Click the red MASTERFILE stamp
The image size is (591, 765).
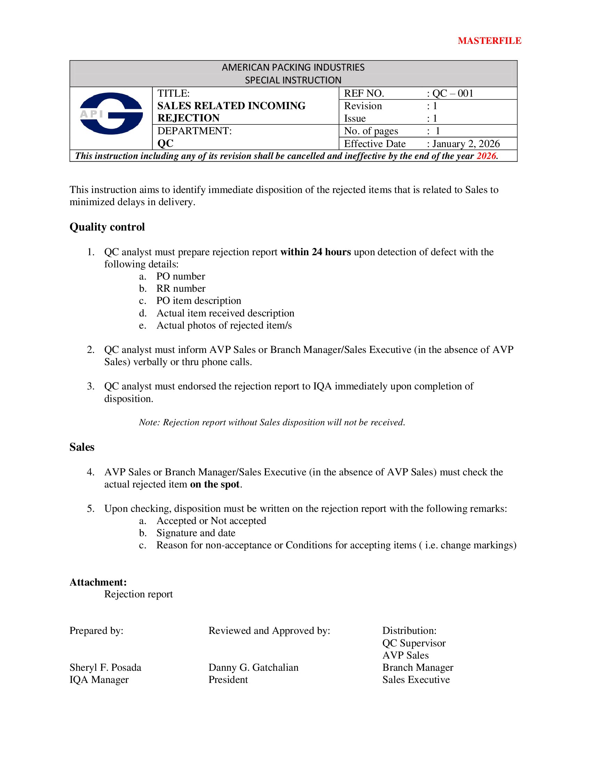pos(489,41)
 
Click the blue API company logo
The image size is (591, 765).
pos(111,113)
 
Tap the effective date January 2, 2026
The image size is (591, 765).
pos(465,144)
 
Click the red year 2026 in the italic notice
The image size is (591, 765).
pos(486,156)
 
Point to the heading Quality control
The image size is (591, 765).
pos(107,227)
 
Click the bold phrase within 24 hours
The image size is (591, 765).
pos(315,252)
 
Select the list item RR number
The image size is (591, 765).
pos(181,288)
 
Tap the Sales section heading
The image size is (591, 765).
pos(82,447)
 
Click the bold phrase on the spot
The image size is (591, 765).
pos(214,484)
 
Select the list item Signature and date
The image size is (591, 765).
pos(196,533)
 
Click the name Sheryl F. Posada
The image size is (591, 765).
pos(105,667)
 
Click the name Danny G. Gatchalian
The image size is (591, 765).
pos(253,667)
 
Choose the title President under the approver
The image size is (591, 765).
pos(228,679)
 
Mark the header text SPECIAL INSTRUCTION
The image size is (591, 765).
pos(293,80)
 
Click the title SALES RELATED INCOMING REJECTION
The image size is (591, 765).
pos(231,112)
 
